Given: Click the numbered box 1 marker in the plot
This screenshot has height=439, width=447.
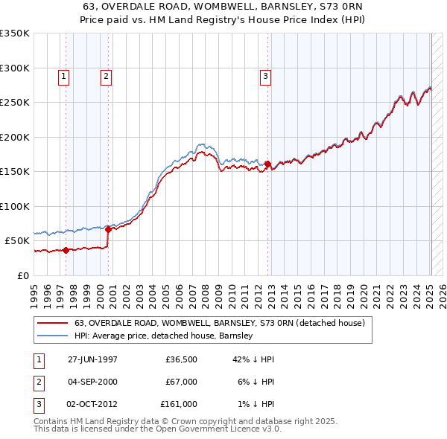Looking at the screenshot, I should [63, 75].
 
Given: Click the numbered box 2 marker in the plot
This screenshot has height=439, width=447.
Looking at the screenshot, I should [107, 75].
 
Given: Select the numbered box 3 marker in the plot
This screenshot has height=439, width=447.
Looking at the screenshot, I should [265, 75].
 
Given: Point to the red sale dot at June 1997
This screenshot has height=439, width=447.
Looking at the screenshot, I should [66, 250].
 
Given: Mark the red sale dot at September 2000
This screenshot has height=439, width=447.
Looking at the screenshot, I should [108, 229].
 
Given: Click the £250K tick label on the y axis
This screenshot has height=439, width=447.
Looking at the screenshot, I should [15, 103].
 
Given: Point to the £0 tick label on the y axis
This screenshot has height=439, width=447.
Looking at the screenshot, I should [24, 275].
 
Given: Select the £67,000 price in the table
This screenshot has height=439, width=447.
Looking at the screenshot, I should [182, 382].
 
